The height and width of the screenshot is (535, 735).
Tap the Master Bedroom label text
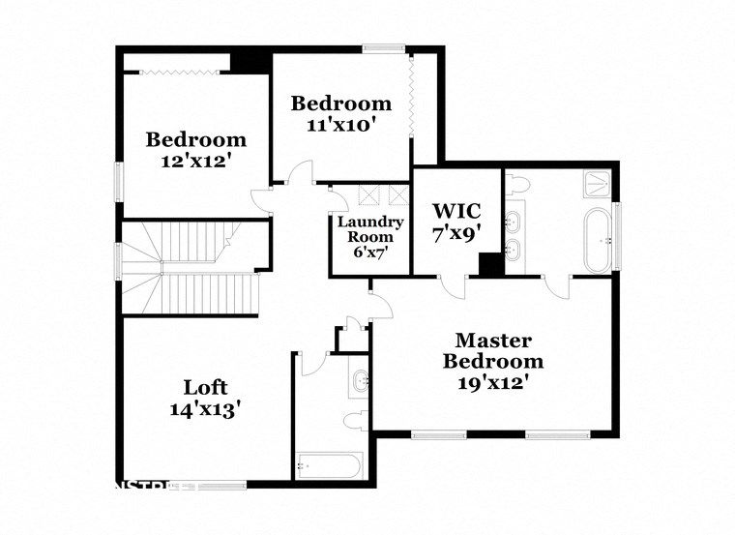pos(493,351)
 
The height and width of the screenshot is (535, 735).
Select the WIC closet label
pos(456,210)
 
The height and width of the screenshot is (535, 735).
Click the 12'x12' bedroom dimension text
pos(196,162)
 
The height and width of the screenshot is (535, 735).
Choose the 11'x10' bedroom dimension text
pos(341,125)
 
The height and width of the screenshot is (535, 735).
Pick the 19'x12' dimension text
pos(493,382)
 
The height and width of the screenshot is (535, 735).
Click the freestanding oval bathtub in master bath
pos(596,239)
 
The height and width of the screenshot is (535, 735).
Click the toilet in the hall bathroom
pos(354,422)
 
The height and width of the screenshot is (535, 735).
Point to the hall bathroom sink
pos(361,380)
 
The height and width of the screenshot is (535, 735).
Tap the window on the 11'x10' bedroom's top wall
pos(383,48)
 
